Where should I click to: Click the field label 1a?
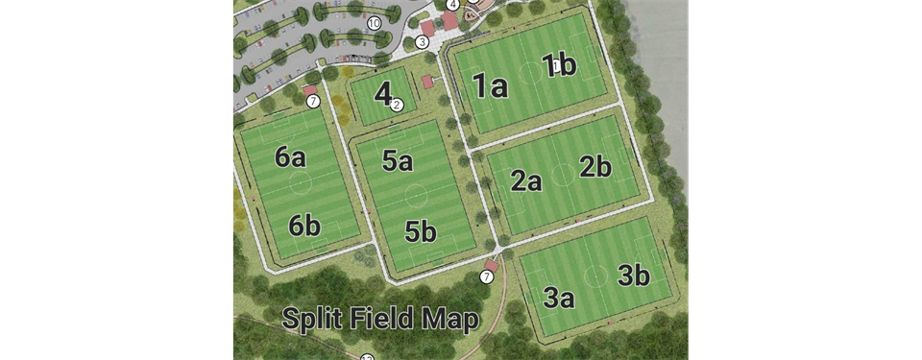[x=490, y=87]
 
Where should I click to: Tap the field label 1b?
[x=559, y=65]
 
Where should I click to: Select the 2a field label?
[x=525, y=180]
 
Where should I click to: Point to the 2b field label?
[x=595, y=167]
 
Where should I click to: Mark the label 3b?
[x=633, y=276]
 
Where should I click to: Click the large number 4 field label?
[x=383, y=94]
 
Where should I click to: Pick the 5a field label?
[x=397, y=161]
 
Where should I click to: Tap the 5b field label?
[x=420, y=231]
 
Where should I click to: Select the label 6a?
[x=290, y=157]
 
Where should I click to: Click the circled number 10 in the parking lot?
[x=374, y=22]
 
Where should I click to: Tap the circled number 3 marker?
[x=422, y=42]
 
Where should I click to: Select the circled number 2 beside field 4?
[x=397, y=105]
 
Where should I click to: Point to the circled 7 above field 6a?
[x=312, y=101]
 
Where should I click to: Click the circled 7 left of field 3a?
[x=486, y=277]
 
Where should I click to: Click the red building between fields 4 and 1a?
[x=427, y=82]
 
